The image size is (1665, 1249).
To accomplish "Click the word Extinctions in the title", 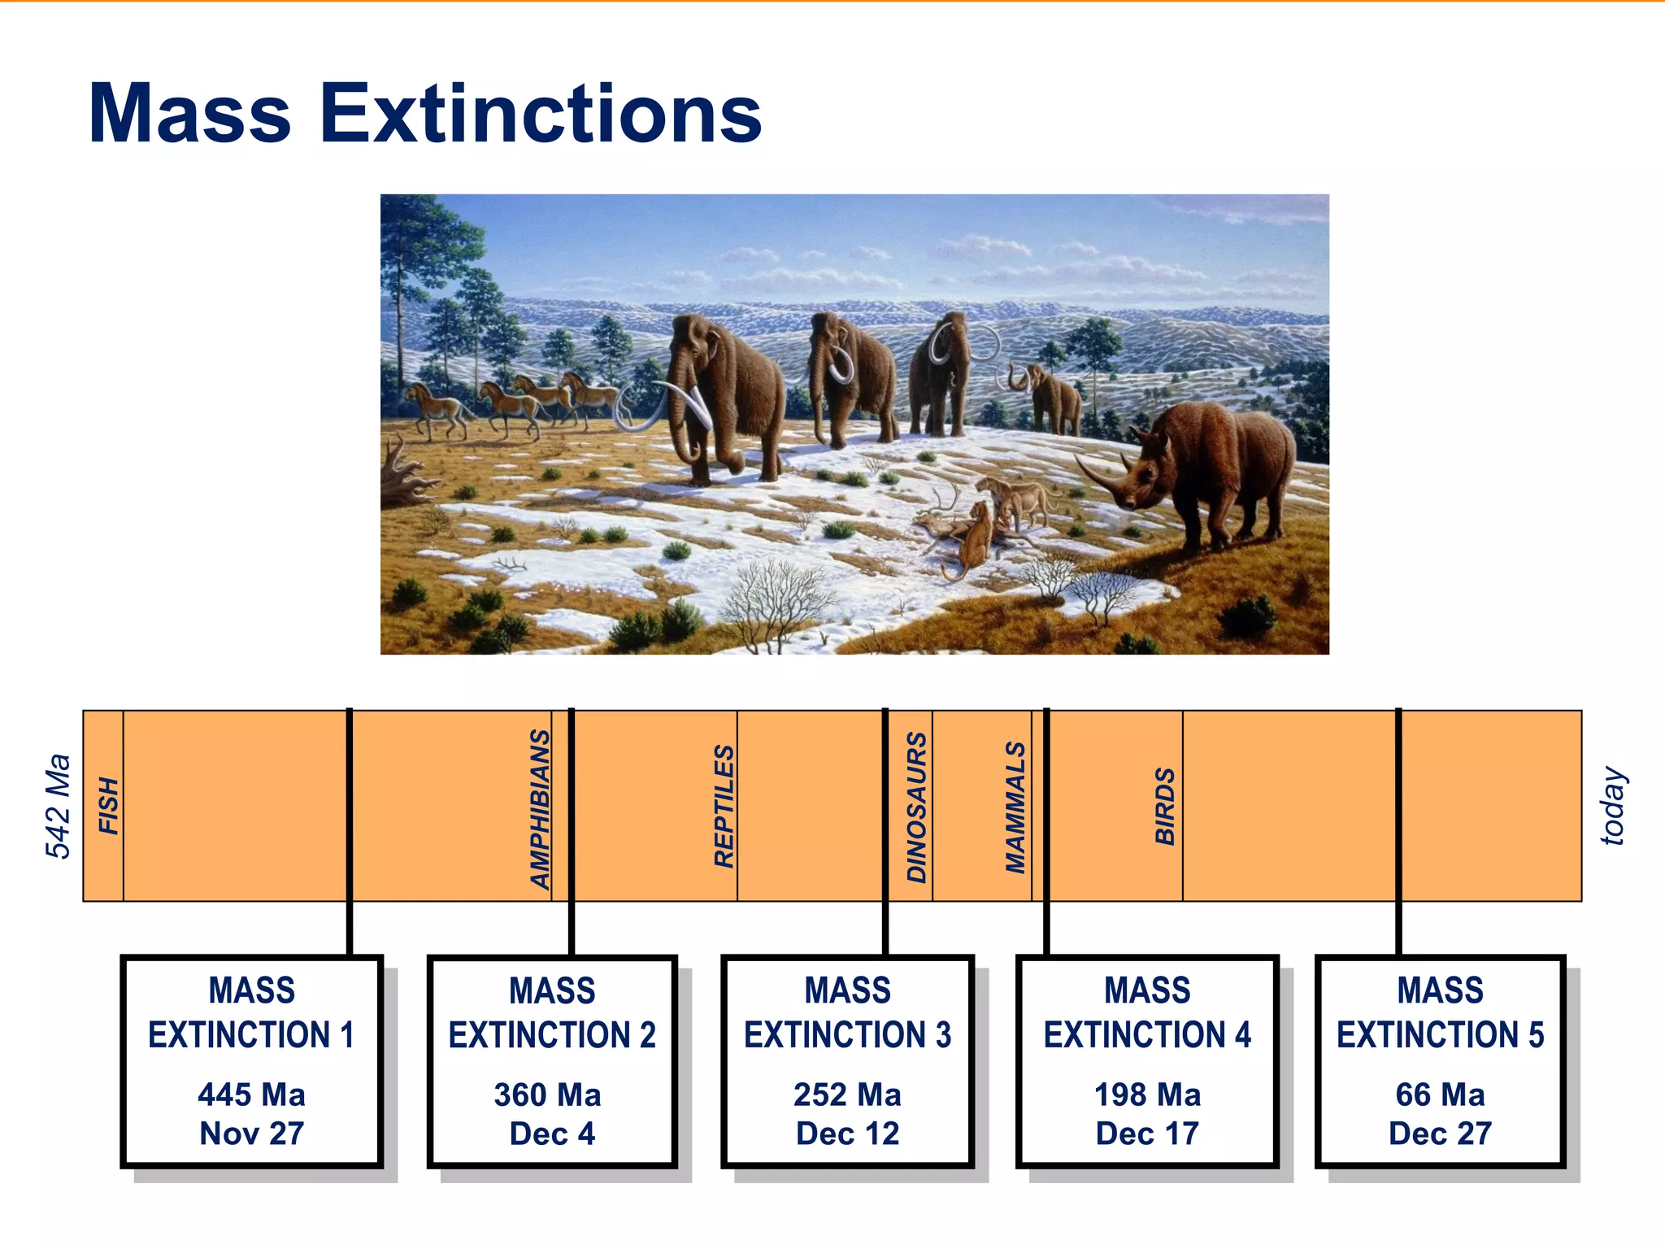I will pyautogui.click(x=541, y=114).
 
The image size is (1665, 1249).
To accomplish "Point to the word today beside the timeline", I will pyautogui.click(x=1613, y=806).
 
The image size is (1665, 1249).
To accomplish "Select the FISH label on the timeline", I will pyautogui.click(x=109, y=806).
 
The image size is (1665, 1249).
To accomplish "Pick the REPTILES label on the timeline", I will pyautogui.click(x=724, y=806).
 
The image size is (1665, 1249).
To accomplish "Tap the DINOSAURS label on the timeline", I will pyautogui.click(x=917, y=807).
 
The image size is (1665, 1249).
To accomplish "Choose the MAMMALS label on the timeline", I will pyautogui.click(x=1016, y=807).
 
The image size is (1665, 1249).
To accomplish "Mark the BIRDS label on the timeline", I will pyautogui.click(x=1165, y=806).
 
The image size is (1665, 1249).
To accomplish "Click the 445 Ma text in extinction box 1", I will pyautogui.click(x=251, y=1095).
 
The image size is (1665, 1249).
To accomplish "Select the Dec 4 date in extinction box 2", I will pyautogui.click(x=552, y=1134).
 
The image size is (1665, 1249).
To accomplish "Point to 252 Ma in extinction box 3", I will pyautogui.click(x=847, y=1095).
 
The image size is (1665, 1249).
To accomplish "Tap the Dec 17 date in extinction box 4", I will pyautogui.click(x=1147, y=1134).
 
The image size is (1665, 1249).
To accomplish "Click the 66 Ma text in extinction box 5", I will pyautogui.click(x=1440, y=1095).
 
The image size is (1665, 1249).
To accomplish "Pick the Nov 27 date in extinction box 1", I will pyautogui.click(x=251, y=1134).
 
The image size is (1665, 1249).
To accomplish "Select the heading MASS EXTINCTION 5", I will pyautogui.click(x=1440, y=1012).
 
